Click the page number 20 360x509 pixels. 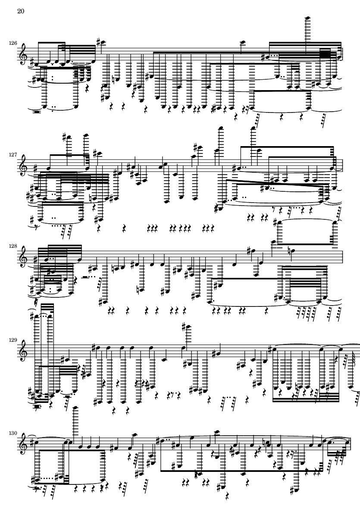point(20,11)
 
